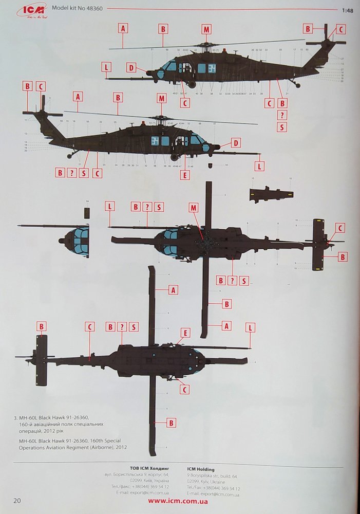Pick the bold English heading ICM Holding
click(x=201, y=469)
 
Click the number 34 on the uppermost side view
click(x=212, y=68)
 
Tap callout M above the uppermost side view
click(x=206, y=29)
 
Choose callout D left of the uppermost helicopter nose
click(x=131, y=67)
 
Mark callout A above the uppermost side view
click(x=123, y=29)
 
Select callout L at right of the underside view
click(x=250, y=327)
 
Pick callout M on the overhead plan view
click(x=193, y=208)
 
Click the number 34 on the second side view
click(x=155, y=140)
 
